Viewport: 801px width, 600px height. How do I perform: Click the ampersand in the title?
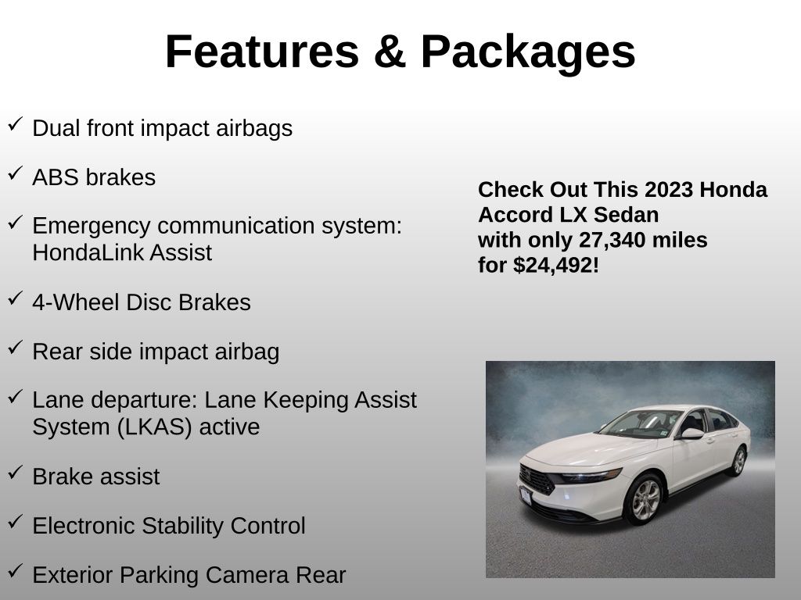[390, 52]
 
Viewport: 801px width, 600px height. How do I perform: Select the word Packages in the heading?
[528, 54]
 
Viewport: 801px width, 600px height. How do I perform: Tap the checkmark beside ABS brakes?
[16, 173]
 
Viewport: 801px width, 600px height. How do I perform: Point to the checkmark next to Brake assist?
[16, 472]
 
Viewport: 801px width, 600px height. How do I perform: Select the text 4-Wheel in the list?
[76, 302]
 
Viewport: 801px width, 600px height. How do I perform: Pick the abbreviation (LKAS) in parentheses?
[154, 427]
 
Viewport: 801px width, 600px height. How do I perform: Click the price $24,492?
[556, 266]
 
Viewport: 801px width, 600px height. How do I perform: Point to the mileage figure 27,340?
[607, 240]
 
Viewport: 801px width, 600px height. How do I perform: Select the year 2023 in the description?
[669, 190]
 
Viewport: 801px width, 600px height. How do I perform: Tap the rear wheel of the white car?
[738, 461]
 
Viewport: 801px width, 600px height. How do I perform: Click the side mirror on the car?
[691, 434]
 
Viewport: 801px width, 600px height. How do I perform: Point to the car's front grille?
[537, 480]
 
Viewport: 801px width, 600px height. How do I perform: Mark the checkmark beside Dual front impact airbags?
[16, 124]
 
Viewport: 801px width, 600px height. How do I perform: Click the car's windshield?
[640, 423]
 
